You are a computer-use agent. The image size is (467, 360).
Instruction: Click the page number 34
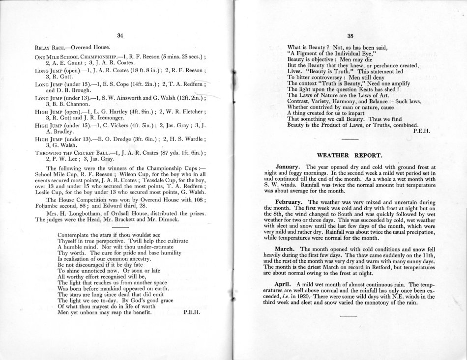click(120, 35)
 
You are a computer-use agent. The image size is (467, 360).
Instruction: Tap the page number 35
click(350, 35)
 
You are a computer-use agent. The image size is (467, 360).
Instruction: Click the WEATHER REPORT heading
click(350, 153)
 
